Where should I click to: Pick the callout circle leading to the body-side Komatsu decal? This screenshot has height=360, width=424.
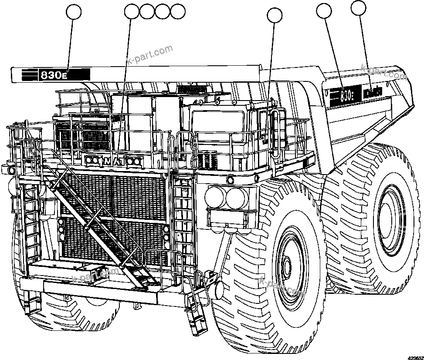359,7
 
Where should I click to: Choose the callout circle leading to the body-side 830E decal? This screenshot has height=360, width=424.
324,12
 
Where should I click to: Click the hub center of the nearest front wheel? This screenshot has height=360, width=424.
286,266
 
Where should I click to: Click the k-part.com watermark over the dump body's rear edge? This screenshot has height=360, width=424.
384,73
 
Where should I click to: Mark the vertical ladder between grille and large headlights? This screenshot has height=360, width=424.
183,218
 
